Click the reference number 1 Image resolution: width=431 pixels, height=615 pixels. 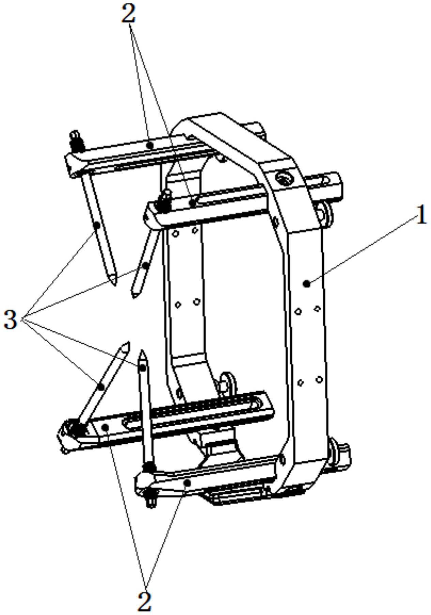pos(421,216)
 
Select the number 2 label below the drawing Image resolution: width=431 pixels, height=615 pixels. pos(144,602)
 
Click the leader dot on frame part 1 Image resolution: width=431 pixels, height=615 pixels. pos(307,283)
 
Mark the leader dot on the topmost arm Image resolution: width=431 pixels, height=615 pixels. pos(150,145)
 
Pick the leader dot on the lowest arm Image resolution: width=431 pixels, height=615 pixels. pos(187,483)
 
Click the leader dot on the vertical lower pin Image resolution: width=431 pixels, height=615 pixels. pos(143,367)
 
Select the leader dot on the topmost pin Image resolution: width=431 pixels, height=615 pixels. pos(97,225)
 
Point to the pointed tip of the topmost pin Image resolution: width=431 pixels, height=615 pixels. pos(114,285)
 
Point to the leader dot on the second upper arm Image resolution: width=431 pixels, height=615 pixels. pos(193,203)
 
